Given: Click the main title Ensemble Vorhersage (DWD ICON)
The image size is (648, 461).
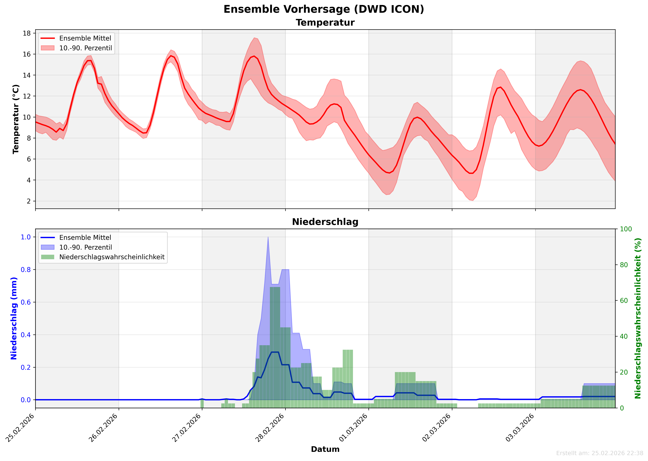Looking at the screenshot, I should point(324,9).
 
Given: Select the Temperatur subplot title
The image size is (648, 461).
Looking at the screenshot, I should point(325,23).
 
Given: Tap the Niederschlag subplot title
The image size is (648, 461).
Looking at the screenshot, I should point(325,222).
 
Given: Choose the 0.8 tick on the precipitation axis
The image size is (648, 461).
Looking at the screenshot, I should point(26,270).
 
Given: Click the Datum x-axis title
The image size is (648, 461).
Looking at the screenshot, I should point(325,449).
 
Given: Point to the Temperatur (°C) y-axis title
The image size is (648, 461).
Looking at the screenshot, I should point(16,119).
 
